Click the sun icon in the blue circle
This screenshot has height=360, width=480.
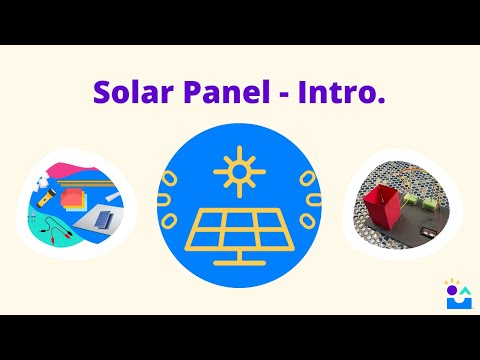point(239,172)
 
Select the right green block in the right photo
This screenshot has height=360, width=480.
point(431,204)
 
